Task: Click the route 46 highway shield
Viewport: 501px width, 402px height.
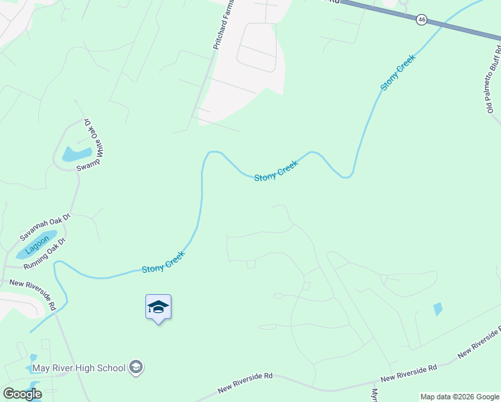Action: click(421, 19)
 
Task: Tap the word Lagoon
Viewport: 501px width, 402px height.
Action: click(38, 247)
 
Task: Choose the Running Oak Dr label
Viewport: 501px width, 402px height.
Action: click(44, 253)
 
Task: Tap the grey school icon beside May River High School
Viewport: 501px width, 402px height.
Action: click(136, 367)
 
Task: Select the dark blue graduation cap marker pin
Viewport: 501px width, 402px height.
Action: click(158, 308)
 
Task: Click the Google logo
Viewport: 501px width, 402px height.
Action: click(22, 394)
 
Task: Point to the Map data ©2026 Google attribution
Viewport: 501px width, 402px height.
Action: click(459, 397)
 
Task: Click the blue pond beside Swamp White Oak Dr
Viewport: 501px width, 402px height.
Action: click(76, 154)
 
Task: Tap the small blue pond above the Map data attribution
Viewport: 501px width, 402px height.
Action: click(438, 309)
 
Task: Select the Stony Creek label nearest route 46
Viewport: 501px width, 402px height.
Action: click(398, 72)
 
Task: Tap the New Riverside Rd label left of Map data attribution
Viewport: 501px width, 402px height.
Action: click(409, 373)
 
